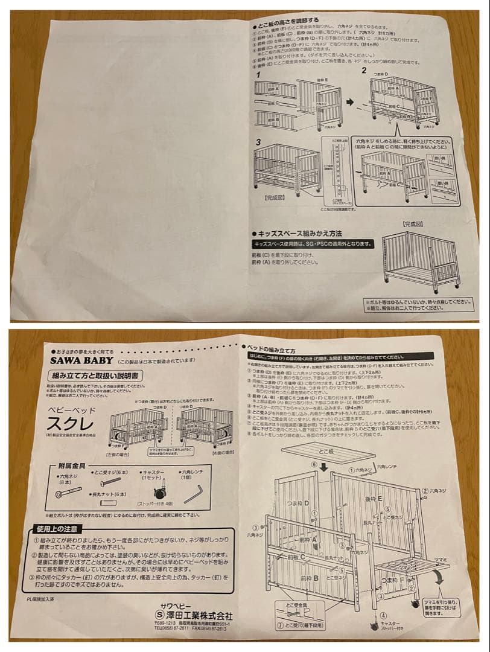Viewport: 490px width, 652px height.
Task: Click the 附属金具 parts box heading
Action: coord(71,466)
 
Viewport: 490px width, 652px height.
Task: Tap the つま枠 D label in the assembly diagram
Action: coord(300,503)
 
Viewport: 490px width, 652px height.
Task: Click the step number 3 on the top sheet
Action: coord(258,141)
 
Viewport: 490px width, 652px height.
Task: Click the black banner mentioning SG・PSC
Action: coord(313,245)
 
